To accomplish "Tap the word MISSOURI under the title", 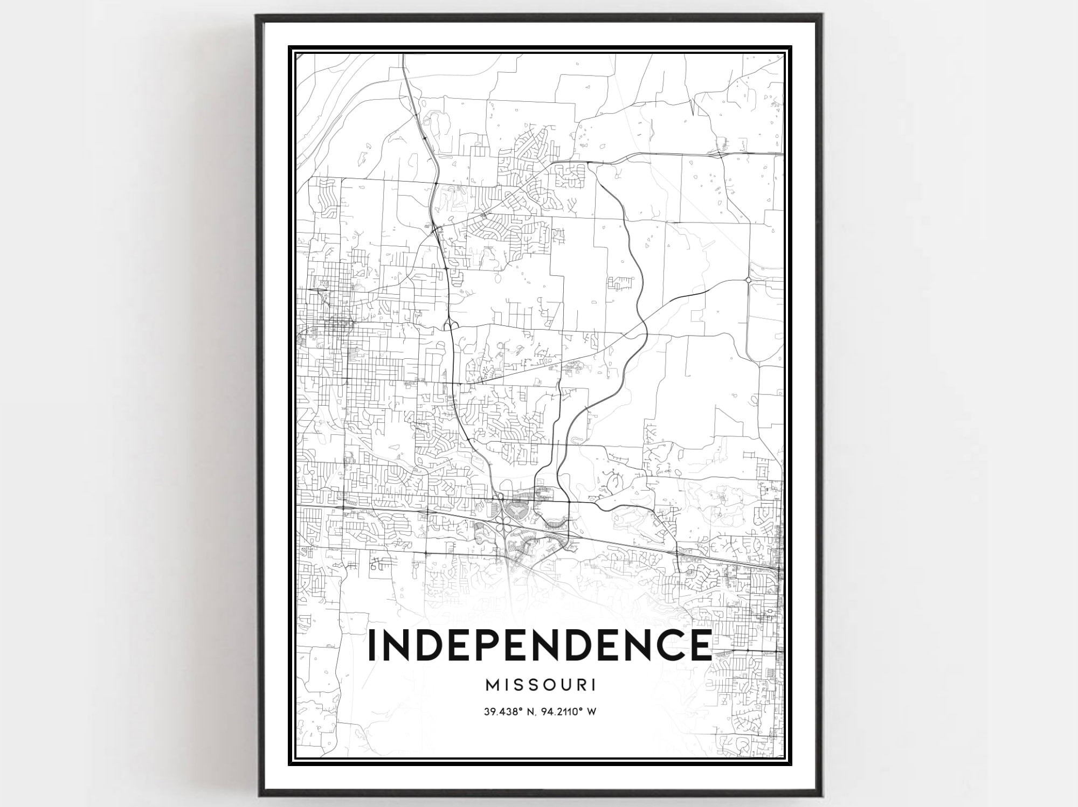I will tap(541, 685).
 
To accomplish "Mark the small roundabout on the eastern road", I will tap(748, 280).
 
